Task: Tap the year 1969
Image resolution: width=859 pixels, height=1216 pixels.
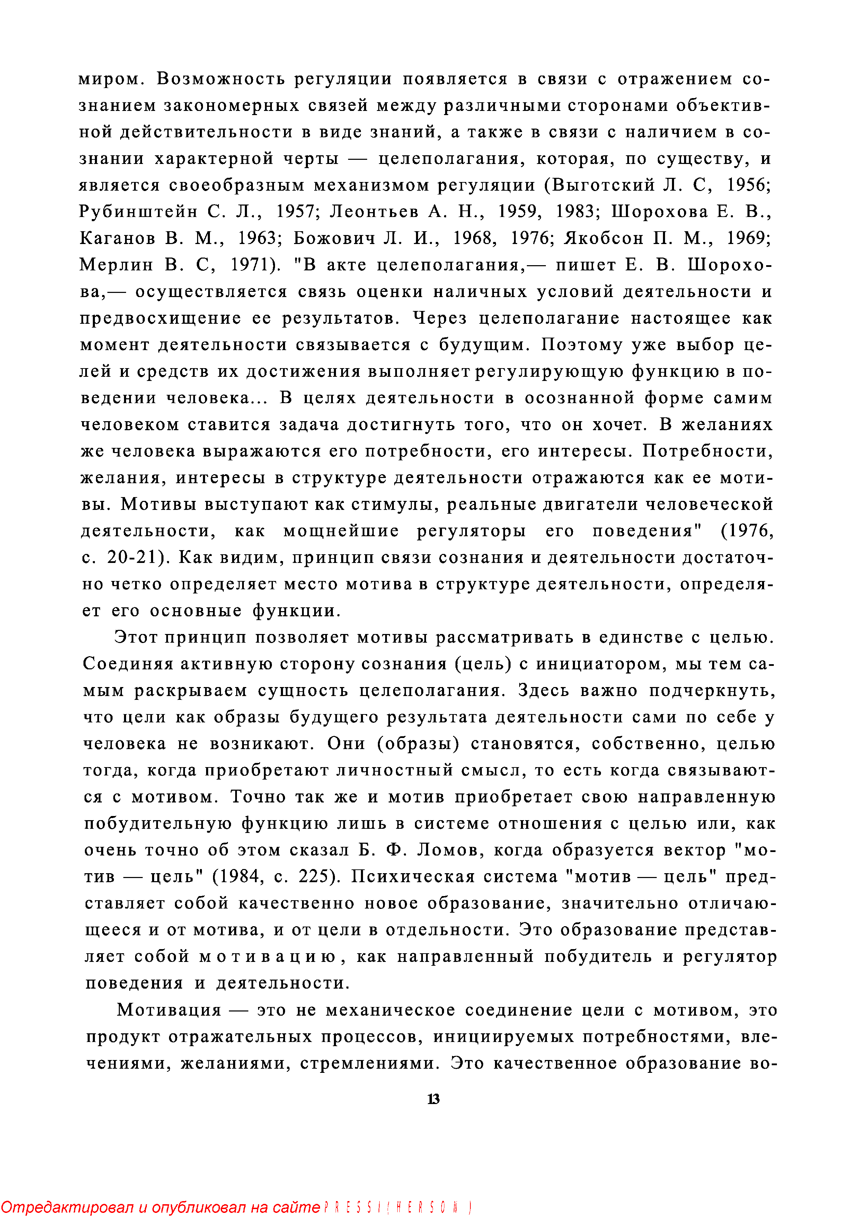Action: coord(748,238)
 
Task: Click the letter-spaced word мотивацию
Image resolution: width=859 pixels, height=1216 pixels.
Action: coord(268,956)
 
